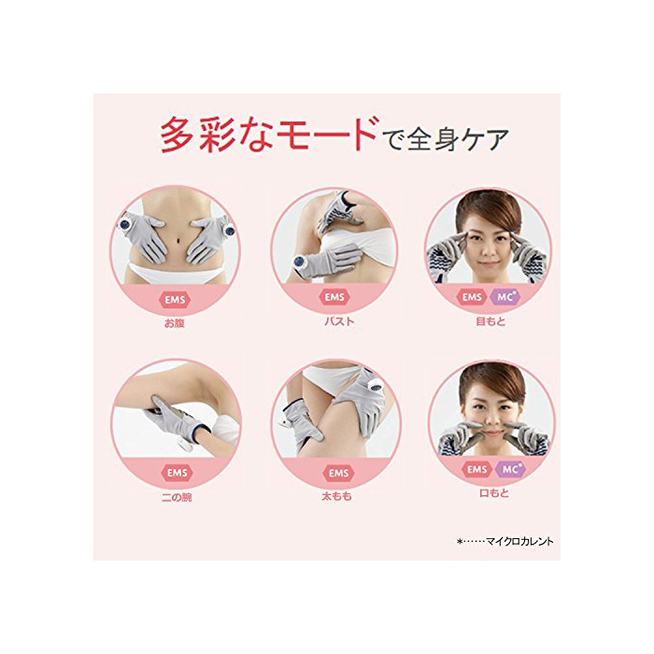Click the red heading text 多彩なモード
tap(270, 135)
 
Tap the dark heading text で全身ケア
tap(446, 138)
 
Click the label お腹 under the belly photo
tap(175, 323)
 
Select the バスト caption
tap(338, 321)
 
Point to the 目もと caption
tap(490, 321)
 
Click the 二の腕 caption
tap(177, 497)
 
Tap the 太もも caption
tap(336, 496)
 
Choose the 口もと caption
tap(494, 493)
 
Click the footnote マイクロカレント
tap(519, 541)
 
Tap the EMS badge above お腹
tap(175, 300)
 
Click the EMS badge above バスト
tap(334, 297)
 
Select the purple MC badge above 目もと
tap(505, 297)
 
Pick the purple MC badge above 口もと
tap(510, 470)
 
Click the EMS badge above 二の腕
tap(178, 473)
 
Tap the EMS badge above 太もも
tap(338, 473)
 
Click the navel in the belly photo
tap(178, 240)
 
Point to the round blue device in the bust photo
tap(299, 263)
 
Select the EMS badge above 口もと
tap(477, 470)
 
